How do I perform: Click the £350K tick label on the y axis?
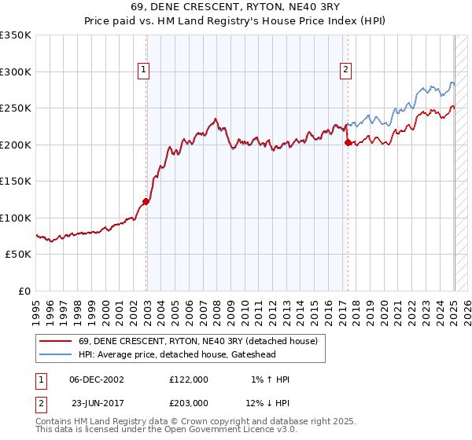tap(15, 35)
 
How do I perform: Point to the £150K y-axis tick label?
tap(15, 181)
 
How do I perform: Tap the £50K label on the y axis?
tap(18, 255)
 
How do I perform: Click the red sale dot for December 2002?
tap(146, 201)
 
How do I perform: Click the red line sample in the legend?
tap(55, 341)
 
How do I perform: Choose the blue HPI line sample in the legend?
tap(55, 354)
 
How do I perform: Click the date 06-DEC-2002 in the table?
tap(97, 379)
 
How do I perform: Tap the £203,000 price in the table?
tap(189, 402)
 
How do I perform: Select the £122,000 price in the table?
tap(189, 379)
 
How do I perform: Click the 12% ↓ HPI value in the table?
tap(267, 402)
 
